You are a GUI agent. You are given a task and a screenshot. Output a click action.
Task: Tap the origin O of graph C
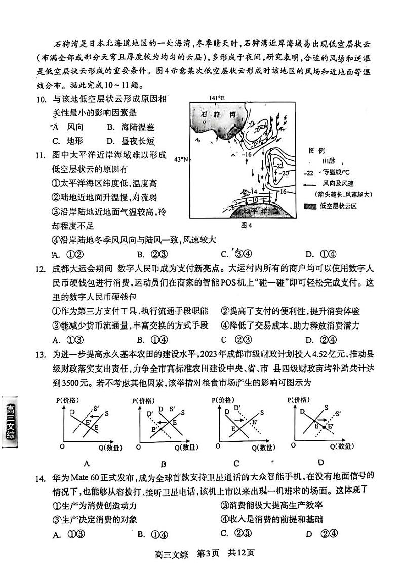(217, 446)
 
